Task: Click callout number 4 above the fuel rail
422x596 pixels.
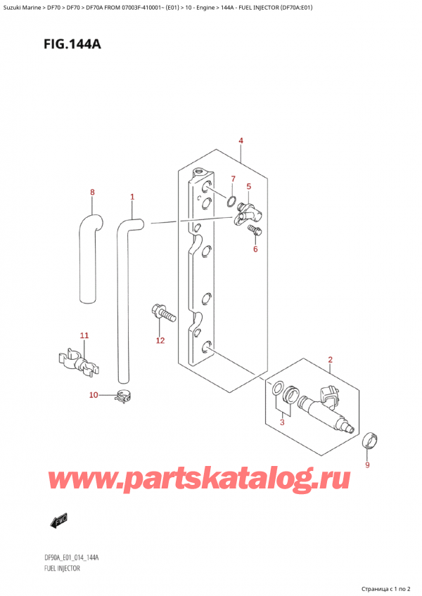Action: click(241, 141)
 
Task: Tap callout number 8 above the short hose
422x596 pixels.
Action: click(91, 192)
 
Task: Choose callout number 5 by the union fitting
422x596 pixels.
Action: click(248, 186)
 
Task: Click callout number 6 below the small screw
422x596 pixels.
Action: click(255, 249)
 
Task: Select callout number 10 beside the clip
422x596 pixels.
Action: click(94, 396)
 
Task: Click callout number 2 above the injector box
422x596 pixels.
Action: click(330, 361)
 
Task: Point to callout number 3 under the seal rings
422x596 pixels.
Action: click(283, 422)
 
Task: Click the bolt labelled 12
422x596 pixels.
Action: click(161, 313)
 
